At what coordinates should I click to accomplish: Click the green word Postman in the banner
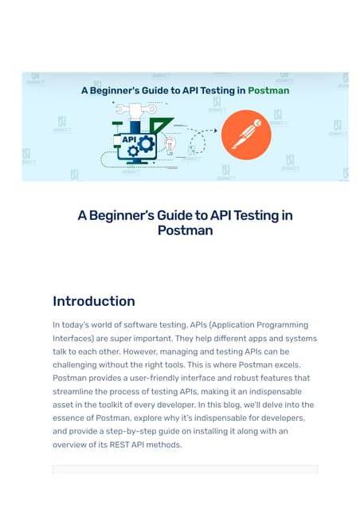click(268, 90)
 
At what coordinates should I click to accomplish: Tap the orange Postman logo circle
click(246, 135)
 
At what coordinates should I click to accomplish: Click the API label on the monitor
click(129, 139)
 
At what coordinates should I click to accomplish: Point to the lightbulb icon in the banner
click(170, 146)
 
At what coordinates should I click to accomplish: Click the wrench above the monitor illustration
click(136, 109)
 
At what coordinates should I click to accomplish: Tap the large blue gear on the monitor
click(146, 144)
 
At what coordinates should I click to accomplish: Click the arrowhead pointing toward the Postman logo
click(215, 131)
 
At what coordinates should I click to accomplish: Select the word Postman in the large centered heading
click(186, 230)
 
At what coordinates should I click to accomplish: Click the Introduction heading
click(94, 301)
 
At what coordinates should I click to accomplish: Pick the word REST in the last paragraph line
click(119, 445)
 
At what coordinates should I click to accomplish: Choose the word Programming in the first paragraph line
click(282, 325)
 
